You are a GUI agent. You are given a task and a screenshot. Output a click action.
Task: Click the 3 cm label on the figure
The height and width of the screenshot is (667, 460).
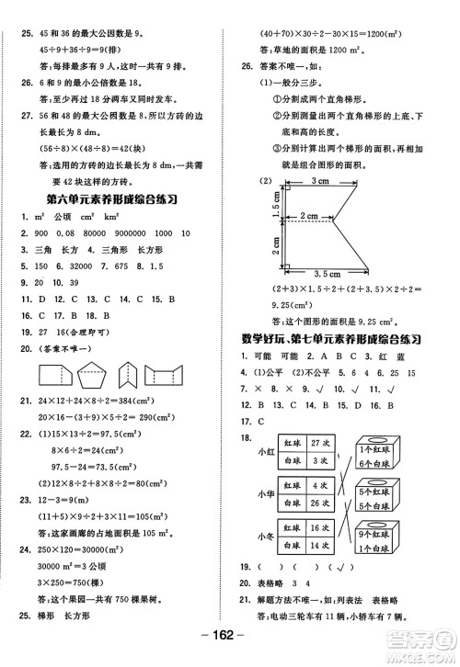click(x=320, y=182)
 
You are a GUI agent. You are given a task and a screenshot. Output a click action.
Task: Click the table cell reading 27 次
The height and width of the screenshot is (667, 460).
click(x=314, y=441)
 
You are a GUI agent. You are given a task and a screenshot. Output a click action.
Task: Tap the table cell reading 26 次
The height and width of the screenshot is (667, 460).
click(x=314, y=503)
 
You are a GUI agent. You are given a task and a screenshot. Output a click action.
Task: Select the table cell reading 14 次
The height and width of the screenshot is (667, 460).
click(x=314, y=546)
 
